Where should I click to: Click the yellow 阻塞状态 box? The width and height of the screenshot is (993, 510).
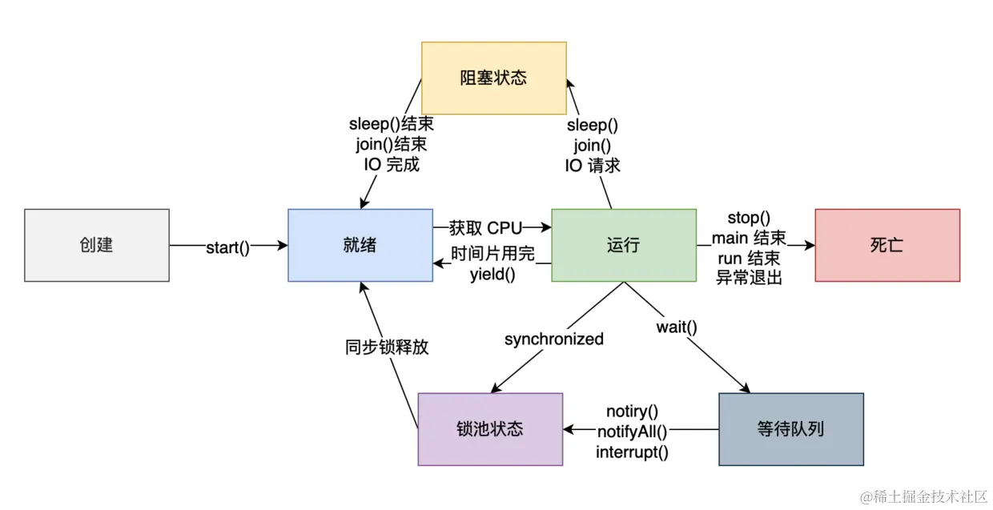493,78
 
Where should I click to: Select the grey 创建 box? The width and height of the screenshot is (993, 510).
96,245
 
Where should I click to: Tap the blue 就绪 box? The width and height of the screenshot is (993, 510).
360,245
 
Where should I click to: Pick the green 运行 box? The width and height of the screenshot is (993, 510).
623,245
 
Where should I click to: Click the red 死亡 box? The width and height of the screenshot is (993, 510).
886,245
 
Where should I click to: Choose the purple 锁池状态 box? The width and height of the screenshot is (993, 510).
490,429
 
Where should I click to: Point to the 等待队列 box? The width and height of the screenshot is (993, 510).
790,429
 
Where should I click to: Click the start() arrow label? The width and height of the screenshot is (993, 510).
228,247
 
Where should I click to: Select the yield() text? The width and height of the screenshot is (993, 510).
492,275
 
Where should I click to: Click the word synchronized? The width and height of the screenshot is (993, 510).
553,339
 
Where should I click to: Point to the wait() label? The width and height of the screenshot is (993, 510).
677,327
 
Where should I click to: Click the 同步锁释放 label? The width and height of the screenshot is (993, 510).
387,347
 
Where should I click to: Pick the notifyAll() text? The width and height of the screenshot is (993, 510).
632,432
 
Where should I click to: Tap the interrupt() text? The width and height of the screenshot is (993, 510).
632,452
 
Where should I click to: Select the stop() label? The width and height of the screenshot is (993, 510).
748,218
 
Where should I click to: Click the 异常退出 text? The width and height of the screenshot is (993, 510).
748,278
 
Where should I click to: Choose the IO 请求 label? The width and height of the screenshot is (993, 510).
593,166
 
